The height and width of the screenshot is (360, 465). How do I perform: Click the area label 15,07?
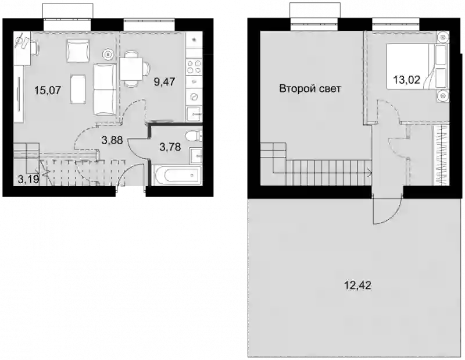click(48, 90)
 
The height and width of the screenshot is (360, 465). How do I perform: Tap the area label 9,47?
click(164, 81)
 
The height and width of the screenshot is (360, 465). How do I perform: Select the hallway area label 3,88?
click(112, 140)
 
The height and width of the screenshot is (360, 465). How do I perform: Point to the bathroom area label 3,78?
click(170, 147)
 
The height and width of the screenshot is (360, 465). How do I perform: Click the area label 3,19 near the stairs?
click(28, 179)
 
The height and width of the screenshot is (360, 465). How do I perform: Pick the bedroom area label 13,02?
click(406, 80)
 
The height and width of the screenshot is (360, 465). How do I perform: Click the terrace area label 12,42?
click(357, 286)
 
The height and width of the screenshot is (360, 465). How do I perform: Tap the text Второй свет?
click(310, 88)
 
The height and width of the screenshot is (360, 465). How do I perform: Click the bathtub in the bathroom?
click(178, 175)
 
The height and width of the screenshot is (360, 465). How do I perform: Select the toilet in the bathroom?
click(194, 137)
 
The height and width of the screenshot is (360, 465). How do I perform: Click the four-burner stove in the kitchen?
click(194, 67)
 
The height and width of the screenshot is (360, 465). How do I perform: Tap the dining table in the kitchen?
click(131, 69)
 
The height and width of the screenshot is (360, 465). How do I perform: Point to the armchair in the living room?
click(78, 51)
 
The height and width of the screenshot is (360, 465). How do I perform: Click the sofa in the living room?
click(105, 89)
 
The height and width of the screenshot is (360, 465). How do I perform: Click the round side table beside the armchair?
click(108, 54)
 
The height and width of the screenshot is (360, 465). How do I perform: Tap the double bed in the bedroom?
click(417, 66)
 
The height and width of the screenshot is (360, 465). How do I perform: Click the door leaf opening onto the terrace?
click(374, 208)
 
